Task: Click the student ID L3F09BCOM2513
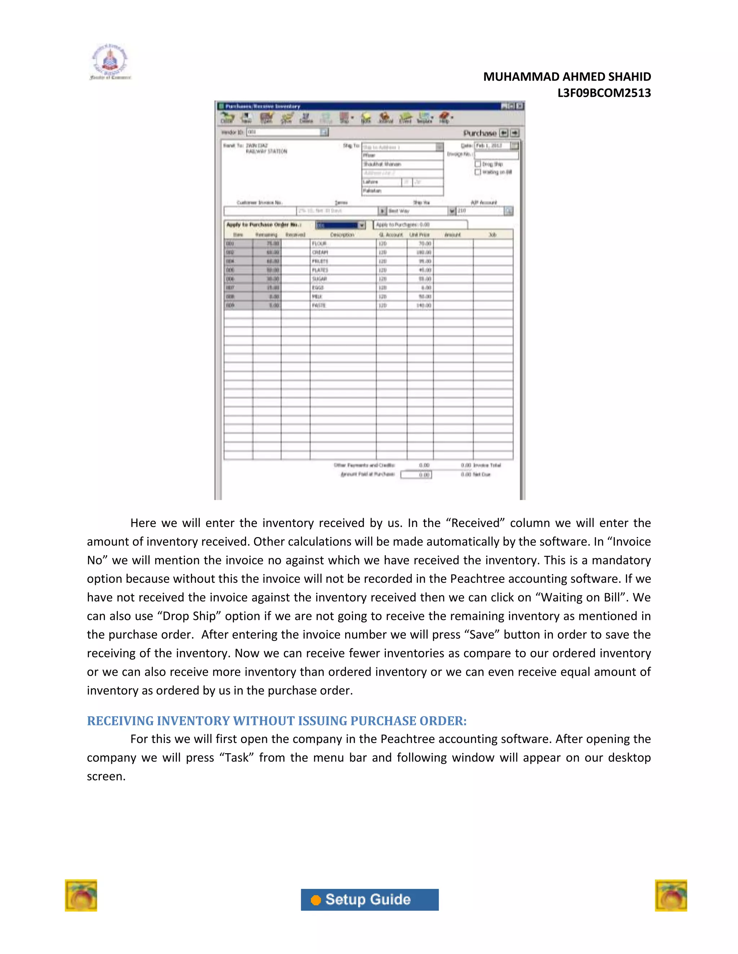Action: [x=604, y=93]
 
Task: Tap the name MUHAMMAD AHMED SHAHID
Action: [x=566, y=77]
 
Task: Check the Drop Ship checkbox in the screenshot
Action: [x=478, y=164]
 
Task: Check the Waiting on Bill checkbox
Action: [x=478, y=172]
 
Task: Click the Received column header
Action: [x=295, y=235]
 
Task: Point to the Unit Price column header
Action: [x=419, y=235]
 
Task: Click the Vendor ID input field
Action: [x=283, y=132]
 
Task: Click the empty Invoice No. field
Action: [x=496, y=155]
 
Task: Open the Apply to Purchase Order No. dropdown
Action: [x=361, y=225]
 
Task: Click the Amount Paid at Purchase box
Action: [x=416, y=474]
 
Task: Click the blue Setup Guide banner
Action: [x=369, y=899]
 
